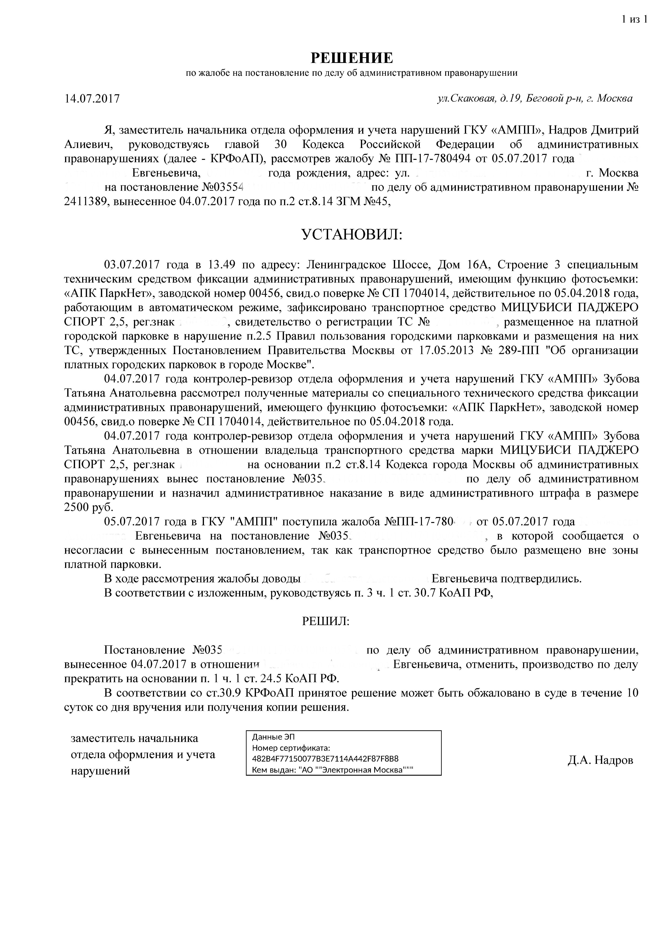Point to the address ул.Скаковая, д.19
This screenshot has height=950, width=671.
(480, 99)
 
